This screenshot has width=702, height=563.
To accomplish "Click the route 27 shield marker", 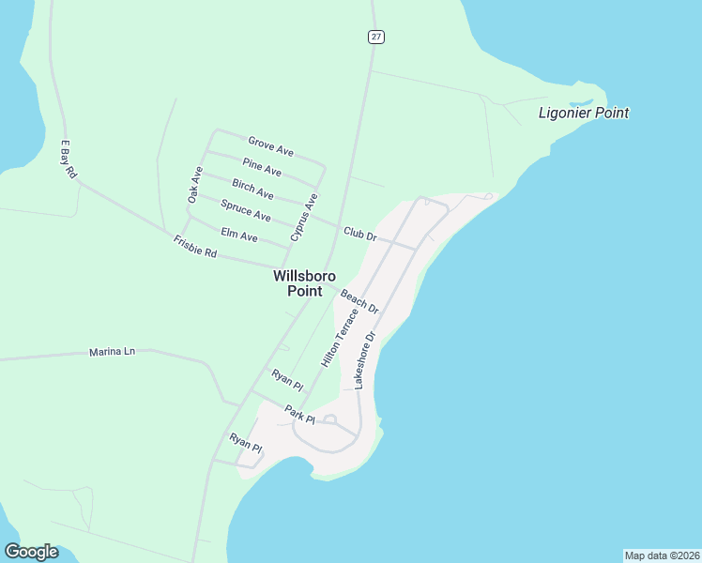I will pyautogui.click(x=375, y=37).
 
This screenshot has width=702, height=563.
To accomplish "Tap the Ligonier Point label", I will pyautogui.click(x=583, y=114).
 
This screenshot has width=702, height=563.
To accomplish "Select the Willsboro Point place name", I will pyautogui.click(x=304, y=283).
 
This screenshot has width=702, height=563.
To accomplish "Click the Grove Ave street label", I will pyautogui.click(x=270, y=146).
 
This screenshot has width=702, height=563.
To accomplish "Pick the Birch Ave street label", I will pyautogui.click(x=252, y=189).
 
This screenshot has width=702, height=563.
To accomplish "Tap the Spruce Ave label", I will pyautogui.click(x=245, y=210).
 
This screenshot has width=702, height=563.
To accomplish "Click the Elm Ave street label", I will pyautogui.click(x=238, y=234).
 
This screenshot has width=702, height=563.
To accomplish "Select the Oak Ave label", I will pyautogui.click(x=195, y=185).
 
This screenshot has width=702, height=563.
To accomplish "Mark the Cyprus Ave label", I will pyautogui.click(x=304, y=218).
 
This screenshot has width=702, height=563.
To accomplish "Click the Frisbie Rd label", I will pyautogui.click(x=195, y=248).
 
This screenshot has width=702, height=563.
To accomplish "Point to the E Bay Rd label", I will pyautogui.click(x=69, y=160).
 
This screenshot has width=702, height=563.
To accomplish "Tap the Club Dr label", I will pyautogui.click(x=359, y=233).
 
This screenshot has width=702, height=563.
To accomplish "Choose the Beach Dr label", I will pyautogui.click(x=359, y=301).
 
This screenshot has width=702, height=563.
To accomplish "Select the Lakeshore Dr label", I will pyautogui.click(x=364, y=360).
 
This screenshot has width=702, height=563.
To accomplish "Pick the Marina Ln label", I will pyautogui.click(x=113, y=352).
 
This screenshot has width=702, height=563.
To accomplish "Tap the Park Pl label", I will pyautogui.click(x=301, y=414).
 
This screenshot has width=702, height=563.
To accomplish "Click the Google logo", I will pyautogui.click(x=31, y=552).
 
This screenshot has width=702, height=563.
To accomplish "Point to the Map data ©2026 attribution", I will pyautogui.click(x=662, y=555).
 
